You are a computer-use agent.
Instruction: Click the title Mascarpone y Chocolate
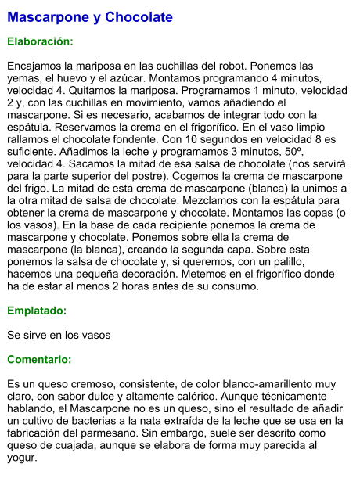pos(90,17)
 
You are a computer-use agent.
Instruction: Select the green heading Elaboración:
pos(40,41)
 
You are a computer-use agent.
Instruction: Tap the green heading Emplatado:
pos(36,311)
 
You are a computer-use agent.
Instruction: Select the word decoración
pos(157,274)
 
